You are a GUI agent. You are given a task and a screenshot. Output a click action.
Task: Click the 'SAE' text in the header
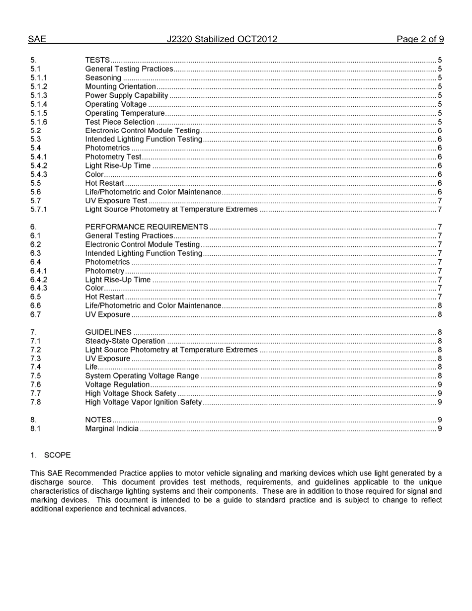click(x=37, y=39)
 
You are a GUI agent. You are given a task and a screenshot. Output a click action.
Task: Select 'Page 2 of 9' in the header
click(x=420, y=39)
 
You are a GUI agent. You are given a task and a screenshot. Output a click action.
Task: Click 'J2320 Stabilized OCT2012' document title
click(x=222, y=39)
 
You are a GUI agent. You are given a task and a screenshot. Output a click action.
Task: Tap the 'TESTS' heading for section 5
click(x=97, y=60)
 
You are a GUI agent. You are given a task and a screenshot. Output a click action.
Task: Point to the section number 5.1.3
click(x=39, y=95)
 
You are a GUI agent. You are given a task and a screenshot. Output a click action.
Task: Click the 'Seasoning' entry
click(x=103, y=78)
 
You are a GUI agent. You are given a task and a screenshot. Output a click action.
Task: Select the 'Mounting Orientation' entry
click(x=120, y=86)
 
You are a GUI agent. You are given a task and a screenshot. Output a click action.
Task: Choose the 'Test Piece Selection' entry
click(x=120, y=122)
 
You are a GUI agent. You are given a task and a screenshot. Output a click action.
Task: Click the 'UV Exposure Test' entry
click(x=116, y=201)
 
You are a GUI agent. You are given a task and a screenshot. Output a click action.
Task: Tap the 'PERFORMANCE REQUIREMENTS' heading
click(x=147, y=227)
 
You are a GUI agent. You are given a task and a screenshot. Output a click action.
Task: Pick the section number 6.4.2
click(x=39, y=280)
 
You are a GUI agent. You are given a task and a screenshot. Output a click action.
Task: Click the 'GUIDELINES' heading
click(x=108, y=332)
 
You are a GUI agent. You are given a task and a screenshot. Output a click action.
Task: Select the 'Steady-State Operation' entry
click(x=125, y=341)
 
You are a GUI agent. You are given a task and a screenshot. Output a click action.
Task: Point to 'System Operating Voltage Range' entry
click(x=142, y=376)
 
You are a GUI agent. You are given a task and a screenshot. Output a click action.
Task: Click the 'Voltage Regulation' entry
click(x=117, y=384)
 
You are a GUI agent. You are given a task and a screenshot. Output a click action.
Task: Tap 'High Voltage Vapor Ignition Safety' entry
click(x=143, y=402)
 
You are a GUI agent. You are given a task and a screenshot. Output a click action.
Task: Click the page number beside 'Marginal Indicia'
click(x=440, y=429)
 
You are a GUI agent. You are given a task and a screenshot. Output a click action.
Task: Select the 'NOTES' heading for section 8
click(x=98, y=420)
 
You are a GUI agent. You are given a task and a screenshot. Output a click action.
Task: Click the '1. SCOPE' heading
click(x=51, y=455)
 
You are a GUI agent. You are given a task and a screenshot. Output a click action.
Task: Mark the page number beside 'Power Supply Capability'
click(x=440, y=95)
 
